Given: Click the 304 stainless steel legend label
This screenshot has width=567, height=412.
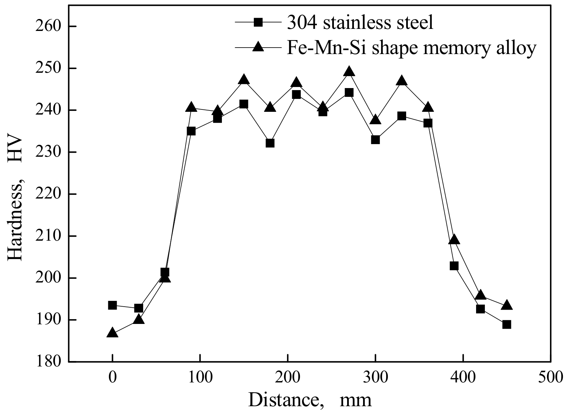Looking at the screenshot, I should pyautogui.click(x=360, y=23).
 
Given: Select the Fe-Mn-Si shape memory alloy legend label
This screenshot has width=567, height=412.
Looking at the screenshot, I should pyautogui.click(x=411, y=48).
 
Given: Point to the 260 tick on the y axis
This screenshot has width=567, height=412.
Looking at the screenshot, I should pyautogui.click(x=50, y=27).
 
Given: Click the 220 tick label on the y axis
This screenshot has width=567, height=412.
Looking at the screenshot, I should pyautogui.click(x=50, y=194).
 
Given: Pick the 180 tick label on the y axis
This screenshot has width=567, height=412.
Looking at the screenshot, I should pyautogui.click(x=50, y=361).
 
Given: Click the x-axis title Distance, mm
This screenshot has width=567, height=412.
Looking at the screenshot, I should pyautogui.click(x=310, y=400).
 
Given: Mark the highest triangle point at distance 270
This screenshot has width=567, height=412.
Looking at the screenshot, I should pyautogui.click(x=349, y=71).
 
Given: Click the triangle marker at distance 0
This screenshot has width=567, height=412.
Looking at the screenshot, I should pyautogui.click(x=112, y=333).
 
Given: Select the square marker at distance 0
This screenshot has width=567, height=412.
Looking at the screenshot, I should pyautogui.click(x=112, y=305).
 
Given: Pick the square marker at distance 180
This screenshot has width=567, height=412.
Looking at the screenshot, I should pyautogui.click(x=270, y=143).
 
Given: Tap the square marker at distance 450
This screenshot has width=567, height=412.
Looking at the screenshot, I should pyautogui.click(x=507, y=324).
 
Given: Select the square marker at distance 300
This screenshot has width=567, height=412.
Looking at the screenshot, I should pyautogui.click(x=375, y=140).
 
